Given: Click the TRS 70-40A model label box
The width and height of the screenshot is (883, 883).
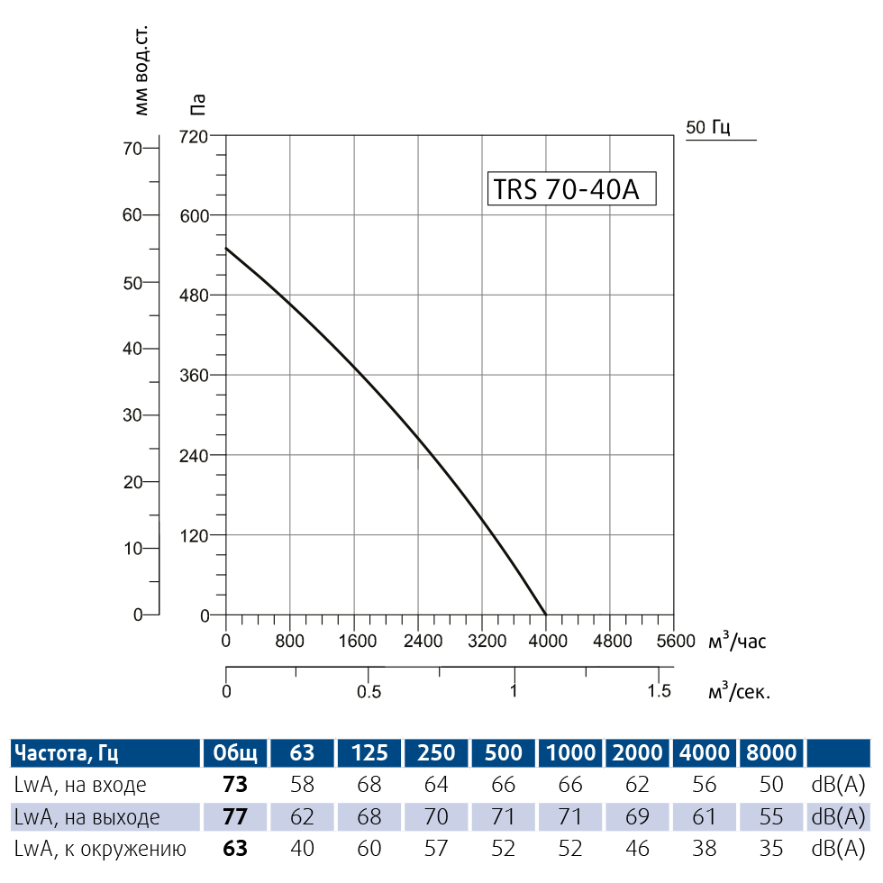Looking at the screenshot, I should point(571,189).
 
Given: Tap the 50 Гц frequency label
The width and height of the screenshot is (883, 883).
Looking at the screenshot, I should point(707,127).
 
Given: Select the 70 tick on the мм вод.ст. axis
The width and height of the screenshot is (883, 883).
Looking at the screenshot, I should point(132,148).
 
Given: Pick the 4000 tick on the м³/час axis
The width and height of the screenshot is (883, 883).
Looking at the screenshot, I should point(546,642).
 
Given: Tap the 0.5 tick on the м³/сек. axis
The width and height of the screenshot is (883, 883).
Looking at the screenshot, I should point(369,691).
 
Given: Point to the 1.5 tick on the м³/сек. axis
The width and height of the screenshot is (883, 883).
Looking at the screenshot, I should point(660,691).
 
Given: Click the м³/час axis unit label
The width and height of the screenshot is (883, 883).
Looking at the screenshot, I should point(737,641).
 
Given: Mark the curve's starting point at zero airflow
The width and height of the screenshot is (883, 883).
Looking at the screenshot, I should point(226,248).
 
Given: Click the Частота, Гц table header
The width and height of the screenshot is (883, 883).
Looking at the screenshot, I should point(68,752).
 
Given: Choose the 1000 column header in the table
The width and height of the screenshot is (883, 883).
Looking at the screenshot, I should point(570,752).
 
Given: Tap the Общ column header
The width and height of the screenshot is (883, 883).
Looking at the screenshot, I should point(235,752).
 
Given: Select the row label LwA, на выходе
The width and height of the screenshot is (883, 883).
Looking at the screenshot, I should point(87,817).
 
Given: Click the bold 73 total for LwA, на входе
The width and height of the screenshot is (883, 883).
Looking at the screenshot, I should point(235,785).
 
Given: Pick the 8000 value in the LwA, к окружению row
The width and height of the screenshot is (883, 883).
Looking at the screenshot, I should point(771,849).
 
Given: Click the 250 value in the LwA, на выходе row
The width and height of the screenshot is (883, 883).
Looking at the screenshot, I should point(436,817).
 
